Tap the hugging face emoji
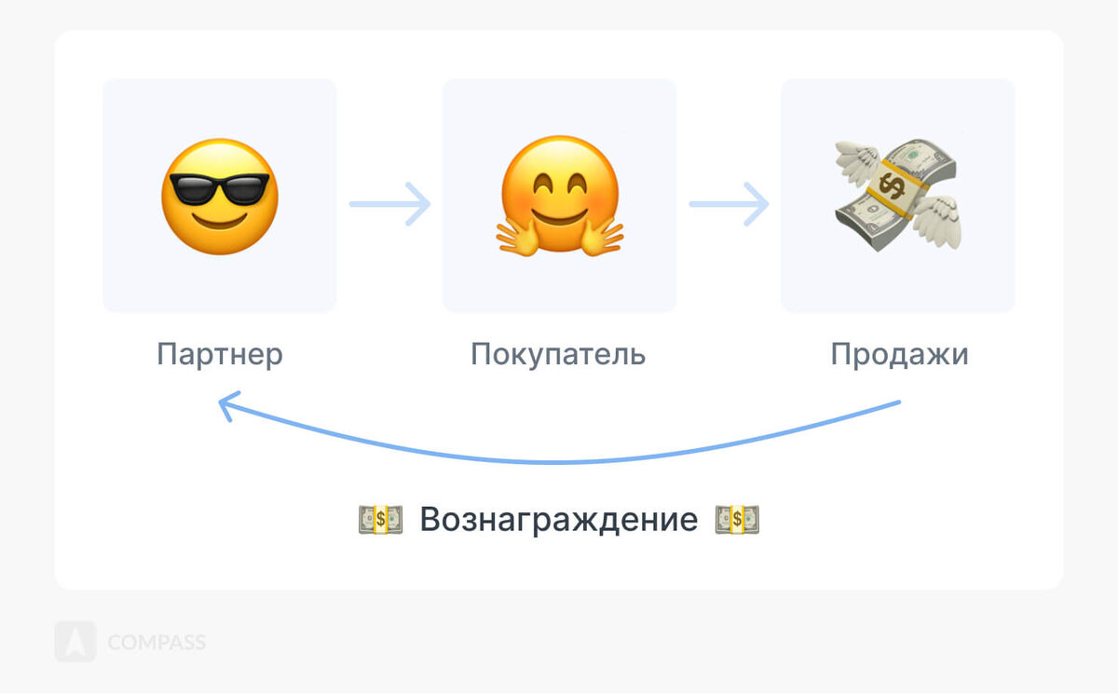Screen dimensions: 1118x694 coord(558,196)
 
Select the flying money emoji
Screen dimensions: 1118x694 coord(896,197)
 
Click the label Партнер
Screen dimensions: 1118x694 coord(219,355)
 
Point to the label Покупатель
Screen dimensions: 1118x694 coord(557,355)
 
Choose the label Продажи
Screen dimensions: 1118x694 coord(899,355)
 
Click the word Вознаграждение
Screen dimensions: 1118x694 coord(558,519)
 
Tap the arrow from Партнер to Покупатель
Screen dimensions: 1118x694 coord(389,203)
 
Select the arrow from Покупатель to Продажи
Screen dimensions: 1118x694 coord(729,203)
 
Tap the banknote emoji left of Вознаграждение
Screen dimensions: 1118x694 coord(380,519)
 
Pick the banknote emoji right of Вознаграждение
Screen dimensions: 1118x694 coord(737,519)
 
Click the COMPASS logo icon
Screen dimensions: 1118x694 coord(75,642)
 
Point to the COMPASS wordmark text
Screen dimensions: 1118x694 coord(157,643)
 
